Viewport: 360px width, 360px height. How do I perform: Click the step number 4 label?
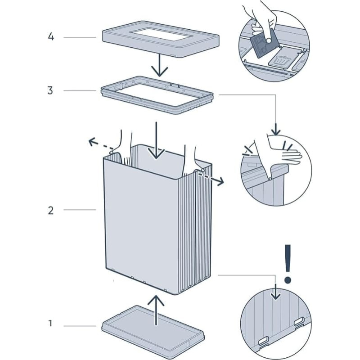(x=51, y=36)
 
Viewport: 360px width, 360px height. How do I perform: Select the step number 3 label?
(x=51, y=90)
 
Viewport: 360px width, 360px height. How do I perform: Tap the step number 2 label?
(x=51, y=210)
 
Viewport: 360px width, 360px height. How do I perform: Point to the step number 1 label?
(x=51, y=323)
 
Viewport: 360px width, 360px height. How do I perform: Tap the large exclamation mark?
(x=288, y=263)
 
